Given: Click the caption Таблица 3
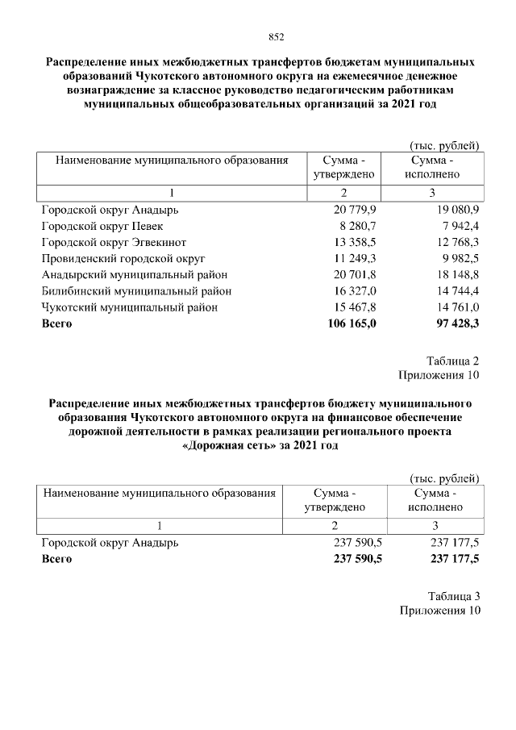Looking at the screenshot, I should [454, 596].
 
